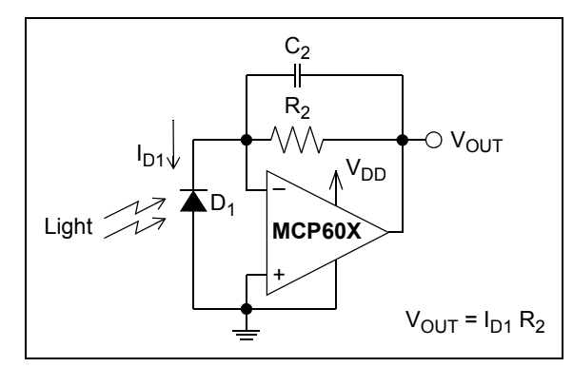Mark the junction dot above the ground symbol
[x=247, y=308]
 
